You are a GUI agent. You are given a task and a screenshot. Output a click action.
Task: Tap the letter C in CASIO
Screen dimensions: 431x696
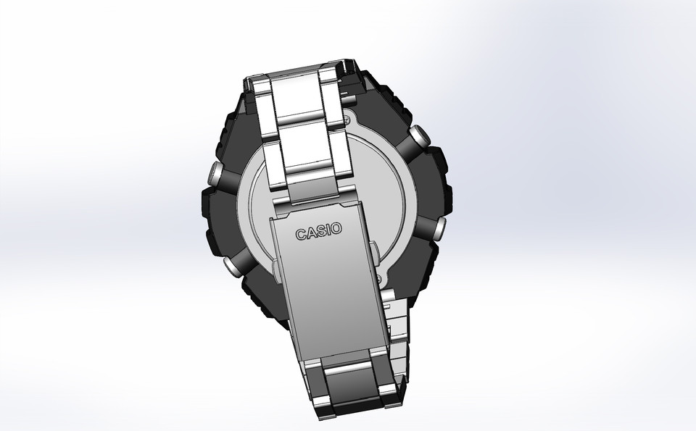(300, 235)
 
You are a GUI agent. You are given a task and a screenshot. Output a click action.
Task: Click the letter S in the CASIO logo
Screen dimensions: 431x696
(319, 232)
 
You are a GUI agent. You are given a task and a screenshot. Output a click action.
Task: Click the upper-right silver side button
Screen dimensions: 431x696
(418, 137)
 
